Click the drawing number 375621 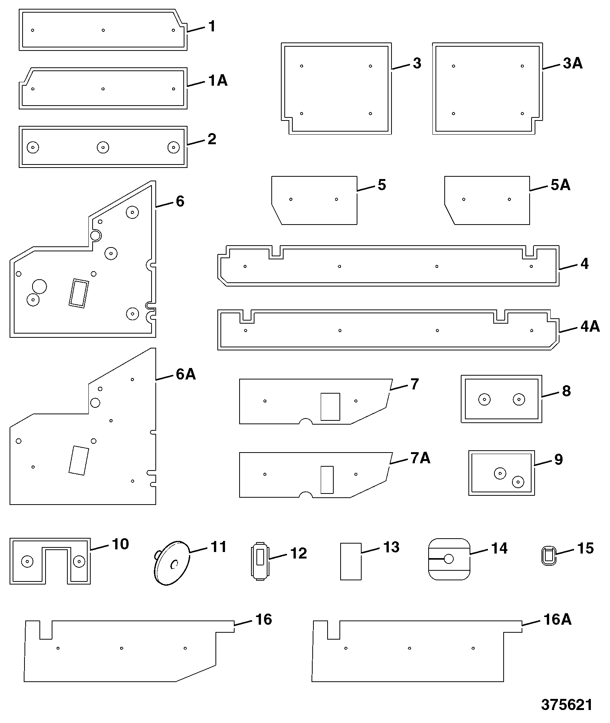tap(566, 704)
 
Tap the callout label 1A tap(217, 81)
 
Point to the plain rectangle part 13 tap(351, 561)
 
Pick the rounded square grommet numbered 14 tap(449, 559)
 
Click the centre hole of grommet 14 tap(449, 559)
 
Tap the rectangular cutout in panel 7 tap(330, 407)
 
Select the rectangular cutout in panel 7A tap(327, 479)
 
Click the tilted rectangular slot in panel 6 tap(78, 293)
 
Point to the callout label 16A tap(557, 619)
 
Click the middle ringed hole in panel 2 tap(103, 147)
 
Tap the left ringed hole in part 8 tap(484, 399)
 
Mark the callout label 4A tap(590, 326)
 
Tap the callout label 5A tap(561, 185)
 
